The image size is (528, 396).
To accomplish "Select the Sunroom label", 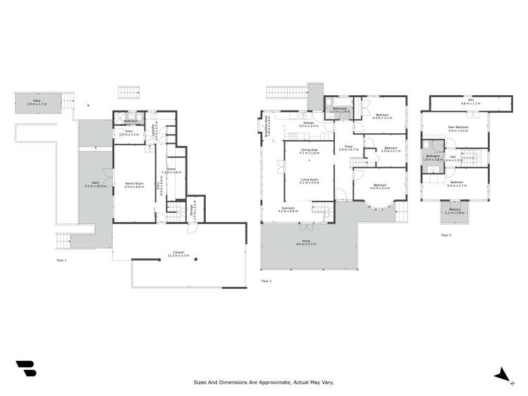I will [289, 209].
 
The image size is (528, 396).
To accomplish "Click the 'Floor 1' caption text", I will [61, 260].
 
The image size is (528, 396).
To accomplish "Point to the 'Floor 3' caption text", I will [446, 235].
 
